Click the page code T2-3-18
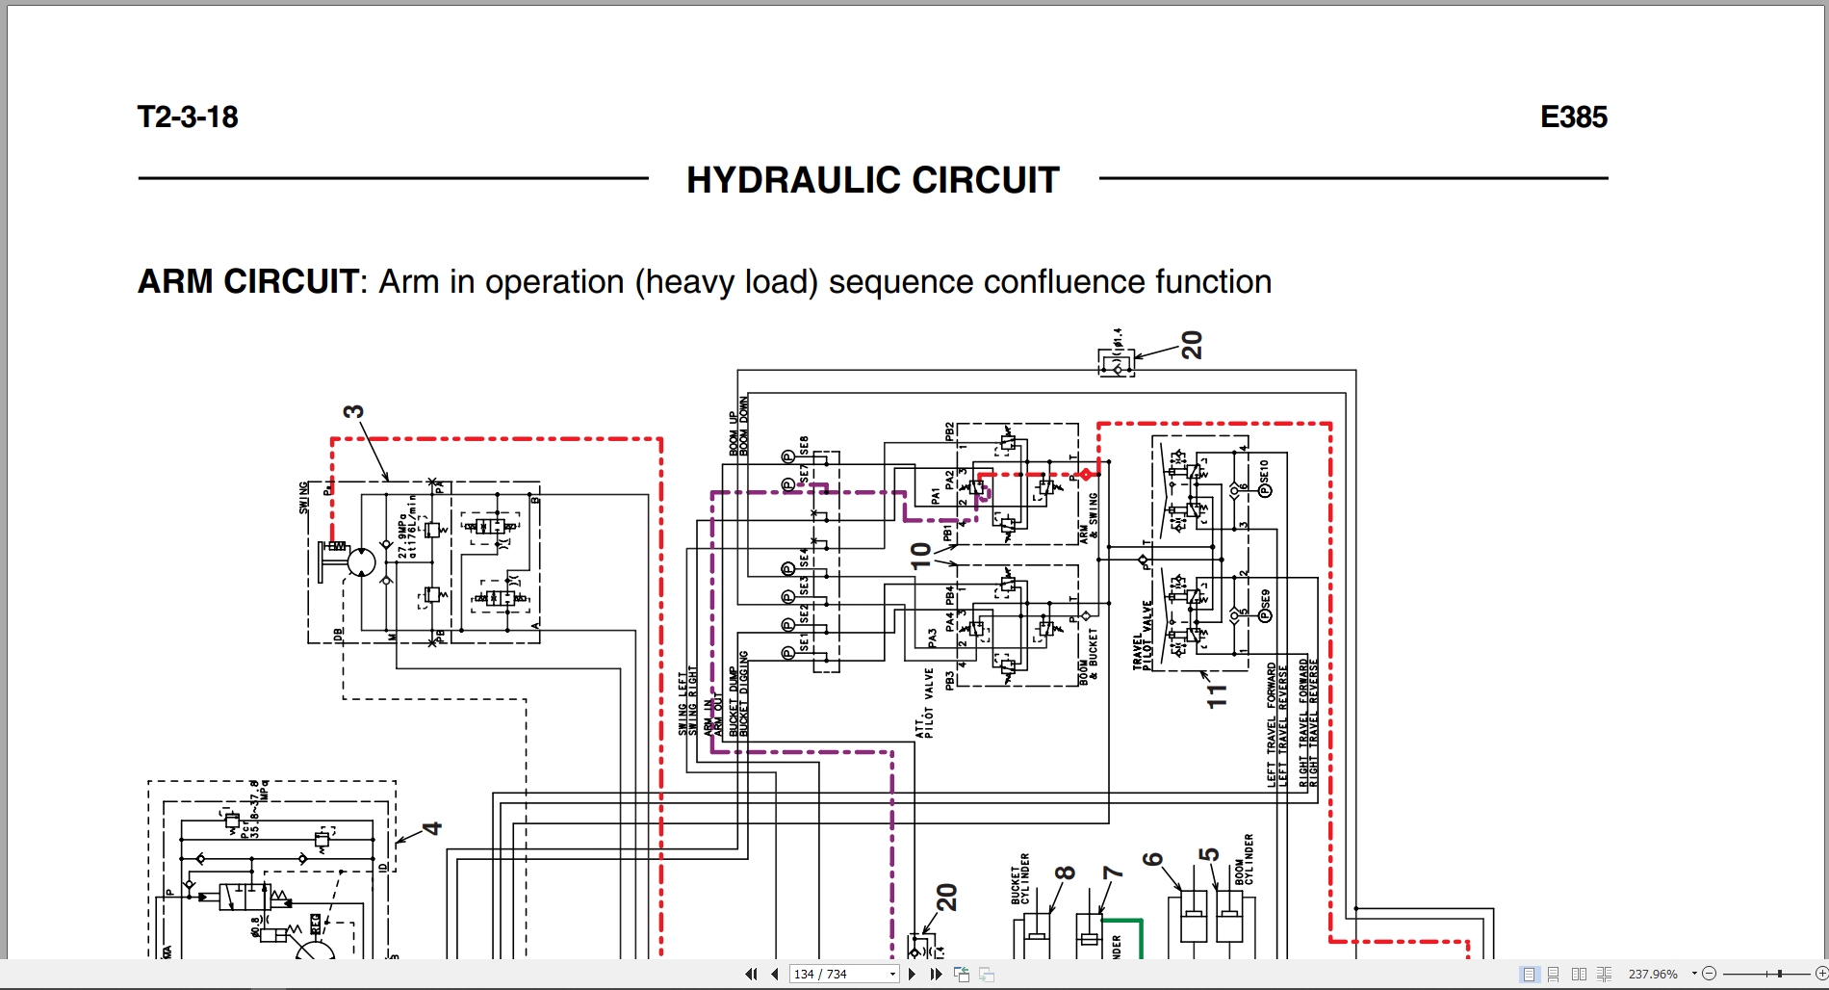(188, 117)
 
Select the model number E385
(1573, 117)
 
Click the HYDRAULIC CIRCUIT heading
(872, 180)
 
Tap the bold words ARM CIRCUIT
(247, 282)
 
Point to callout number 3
(354, 412)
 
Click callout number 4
(432, 828)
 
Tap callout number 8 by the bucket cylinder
(1065, 873)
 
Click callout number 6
(1153, 859)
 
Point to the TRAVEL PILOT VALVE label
(1143, 636)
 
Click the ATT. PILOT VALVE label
(925, 704)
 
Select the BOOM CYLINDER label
(1245, 860)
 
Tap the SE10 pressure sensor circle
(1265, 491)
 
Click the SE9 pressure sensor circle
(1265, 616)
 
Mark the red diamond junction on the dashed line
(1086, 475)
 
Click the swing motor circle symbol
(361, 562)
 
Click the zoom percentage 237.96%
(1653, 974)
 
